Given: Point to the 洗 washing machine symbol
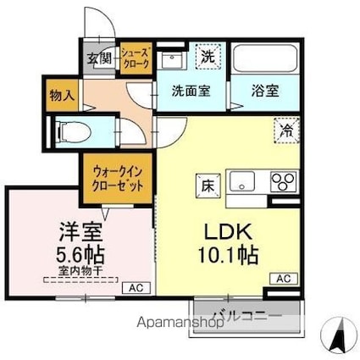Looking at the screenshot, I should coord(207,57).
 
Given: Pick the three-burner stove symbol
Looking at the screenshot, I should coord(282,181).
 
